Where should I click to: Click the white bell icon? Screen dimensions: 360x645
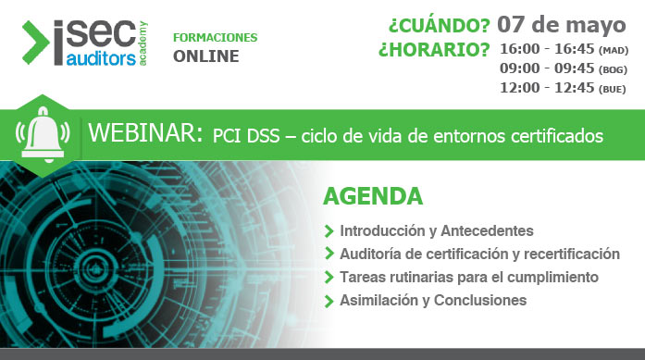[43, 135]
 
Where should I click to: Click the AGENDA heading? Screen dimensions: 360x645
[373, 196]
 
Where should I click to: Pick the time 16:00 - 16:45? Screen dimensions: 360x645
[547, 49]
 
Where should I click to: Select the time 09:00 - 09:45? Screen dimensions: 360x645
[547, 68]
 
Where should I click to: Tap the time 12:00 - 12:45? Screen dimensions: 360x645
[547, 88]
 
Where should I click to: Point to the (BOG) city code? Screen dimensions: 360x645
[614, 69]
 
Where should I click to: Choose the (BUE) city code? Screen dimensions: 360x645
[613, 89]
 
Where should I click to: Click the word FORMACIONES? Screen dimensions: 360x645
[215, 38]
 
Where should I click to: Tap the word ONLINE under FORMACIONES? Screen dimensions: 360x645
[205, 56]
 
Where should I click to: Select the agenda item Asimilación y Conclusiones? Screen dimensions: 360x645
[432, 300]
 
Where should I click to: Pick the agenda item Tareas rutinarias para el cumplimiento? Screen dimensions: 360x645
[468, 277]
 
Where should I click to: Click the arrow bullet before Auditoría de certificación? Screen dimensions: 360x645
[329, 254]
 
